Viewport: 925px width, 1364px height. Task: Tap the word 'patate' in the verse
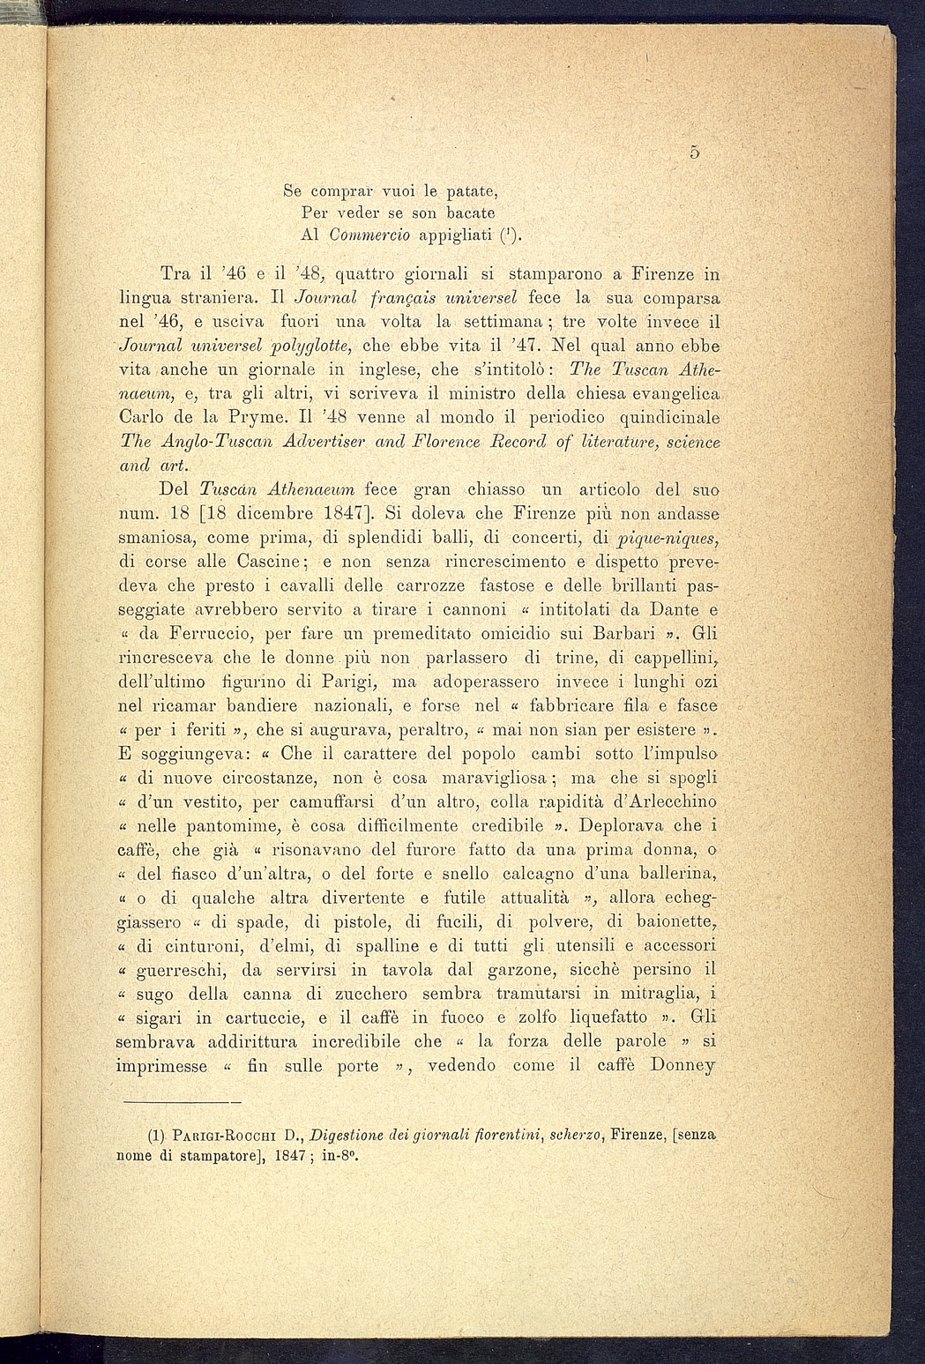(468, 190)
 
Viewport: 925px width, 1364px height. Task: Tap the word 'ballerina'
(670, 874)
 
